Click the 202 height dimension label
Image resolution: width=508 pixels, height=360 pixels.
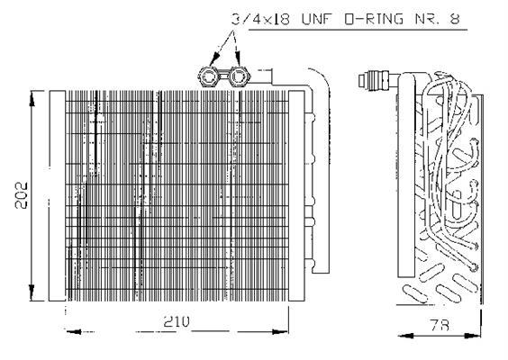pos(22,195)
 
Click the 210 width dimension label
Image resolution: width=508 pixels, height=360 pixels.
pos(177,321)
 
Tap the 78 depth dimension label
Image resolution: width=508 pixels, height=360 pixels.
pos(440,325)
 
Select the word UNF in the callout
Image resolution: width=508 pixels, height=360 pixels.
pos(317,19)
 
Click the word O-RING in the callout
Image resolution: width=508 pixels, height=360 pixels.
pos(373,19)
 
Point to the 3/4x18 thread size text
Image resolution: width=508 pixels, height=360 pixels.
pos(261,19)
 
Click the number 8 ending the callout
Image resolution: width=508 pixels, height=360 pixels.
pos(455,19)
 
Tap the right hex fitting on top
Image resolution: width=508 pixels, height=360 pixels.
pos(239,76)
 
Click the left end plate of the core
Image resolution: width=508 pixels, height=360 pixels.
pos(57,196)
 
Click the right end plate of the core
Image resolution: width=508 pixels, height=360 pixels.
pos(296,196)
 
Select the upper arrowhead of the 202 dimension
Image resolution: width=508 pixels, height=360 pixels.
pos(32,99)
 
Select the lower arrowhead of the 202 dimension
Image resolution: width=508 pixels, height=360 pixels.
pos(32,292)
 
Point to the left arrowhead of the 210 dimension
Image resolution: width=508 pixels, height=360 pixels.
pos(74,332)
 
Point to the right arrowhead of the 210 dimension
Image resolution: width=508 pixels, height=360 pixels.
pos(280,332)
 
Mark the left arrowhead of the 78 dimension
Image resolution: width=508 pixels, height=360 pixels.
pos(406,336)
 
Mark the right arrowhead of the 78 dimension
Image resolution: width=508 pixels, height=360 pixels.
pos(473,336)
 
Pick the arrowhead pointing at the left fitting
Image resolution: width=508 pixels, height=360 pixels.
pos(213,59)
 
